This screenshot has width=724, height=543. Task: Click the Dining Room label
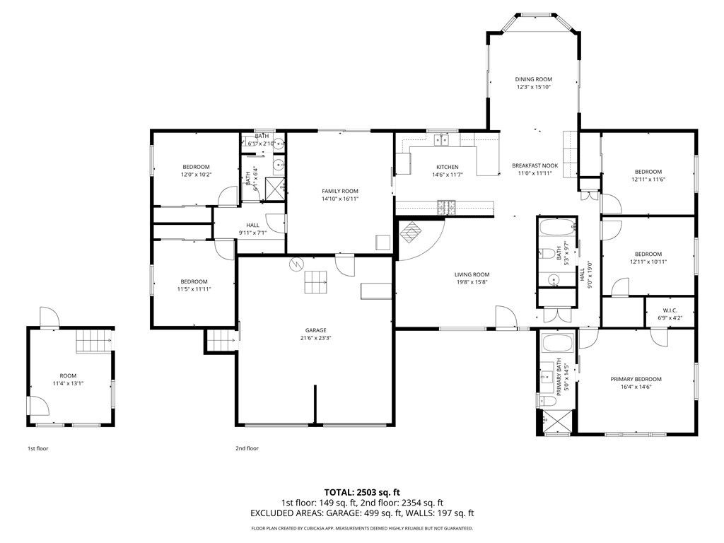533,79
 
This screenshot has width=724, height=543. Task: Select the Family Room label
340,191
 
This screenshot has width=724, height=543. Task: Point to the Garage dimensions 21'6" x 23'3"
315,338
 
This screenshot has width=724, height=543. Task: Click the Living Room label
472,274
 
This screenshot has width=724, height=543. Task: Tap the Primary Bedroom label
636,379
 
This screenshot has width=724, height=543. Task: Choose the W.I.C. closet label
670,310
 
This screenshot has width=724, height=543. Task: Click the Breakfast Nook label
535,165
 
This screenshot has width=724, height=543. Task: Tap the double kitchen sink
443,139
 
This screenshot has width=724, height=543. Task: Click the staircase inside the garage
317,283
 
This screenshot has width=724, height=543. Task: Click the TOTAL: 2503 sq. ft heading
362,491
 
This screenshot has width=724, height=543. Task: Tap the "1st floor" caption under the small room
37,448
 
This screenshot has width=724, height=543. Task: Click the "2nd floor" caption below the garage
247,448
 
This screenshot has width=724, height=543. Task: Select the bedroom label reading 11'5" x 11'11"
194,288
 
